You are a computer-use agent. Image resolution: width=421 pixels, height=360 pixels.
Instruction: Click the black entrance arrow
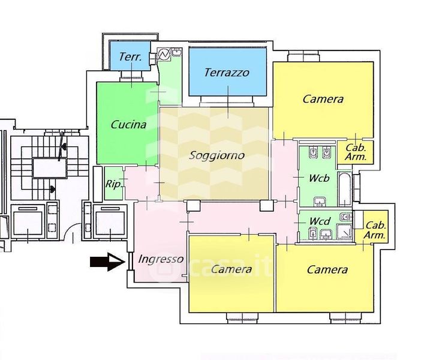pyautogui.click(x=106, y=261)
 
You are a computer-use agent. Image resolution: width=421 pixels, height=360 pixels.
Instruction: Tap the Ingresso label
pyautogui.click(x=160, y=259)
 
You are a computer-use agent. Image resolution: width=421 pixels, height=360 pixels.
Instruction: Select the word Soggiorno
pyautogui.click(x=216, y=155)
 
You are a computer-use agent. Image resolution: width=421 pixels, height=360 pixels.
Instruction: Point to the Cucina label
pyautogui.click(x=128, y=125)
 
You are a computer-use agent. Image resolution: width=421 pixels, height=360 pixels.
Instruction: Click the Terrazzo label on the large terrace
pyautogui.click(x=226, y=73)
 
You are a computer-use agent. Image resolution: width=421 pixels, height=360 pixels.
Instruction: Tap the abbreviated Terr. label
pyautogui.click(x=130, y=57)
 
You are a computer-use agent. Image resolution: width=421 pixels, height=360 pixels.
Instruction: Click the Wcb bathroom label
pyautogui.click(x=319, y=178)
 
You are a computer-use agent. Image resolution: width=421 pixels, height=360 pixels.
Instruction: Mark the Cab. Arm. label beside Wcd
pyautogui.click(x=375, y=230)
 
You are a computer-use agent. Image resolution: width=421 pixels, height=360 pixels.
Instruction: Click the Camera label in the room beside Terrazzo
pyautogui.click(x=323, y=99)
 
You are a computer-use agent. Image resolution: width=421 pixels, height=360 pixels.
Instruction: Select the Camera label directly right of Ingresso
pyautogui.click(x=231, y=269)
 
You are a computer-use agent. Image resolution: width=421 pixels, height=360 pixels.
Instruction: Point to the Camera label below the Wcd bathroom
pyautogui.click(x=327, y=269)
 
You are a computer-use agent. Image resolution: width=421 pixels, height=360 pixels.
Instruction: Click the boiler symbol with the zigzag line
pyautogui.click(x=163, y=55)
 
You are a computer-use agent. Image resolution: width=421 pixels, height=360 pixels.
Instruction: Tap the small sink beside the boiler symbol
pyautogui.click(x=176, y=53)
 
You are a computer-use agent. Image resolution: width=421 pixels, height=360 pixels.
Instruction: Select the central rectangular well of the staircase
pyautogui.click(x=47, y=166)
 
